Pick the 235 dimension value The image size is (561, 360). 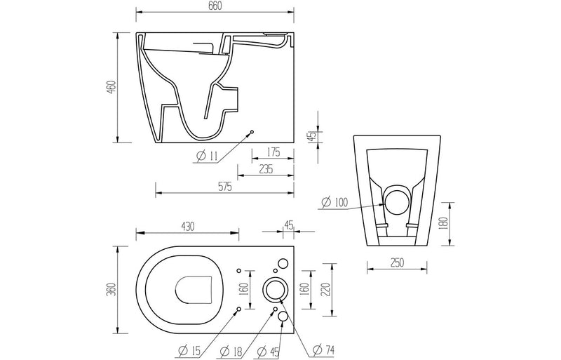[266, 169]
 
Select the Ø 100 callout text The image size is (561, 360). [334, 203]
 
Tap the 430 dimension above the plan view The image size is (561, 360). [187, 226]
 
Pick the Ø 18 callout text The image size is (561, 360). [231, 349]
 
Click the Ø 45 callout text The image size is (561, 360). [268, 349]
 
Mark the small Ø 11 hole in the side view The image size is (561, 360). [251, 131]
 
